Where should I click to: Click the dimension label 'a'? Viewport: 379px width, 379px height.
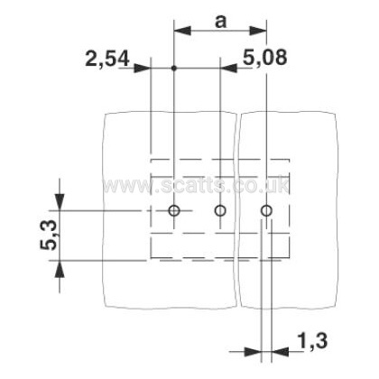tap(220, 22)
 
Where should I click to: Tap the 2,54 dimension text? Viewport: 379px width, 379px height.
tap(107, 59)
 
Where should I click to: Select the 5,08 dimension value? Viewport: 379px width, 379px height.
tap(265, 57)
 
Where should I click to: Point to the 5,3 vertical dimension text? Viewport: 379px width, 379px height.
tap(48, 236)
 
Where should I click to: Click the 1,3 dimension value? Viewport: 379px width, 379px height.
tap(312, 341)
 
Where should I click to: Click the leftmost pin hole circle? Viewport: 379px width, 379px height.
tap(174, 210)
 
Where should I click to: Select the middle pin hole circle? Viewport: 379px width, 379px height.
tap(220, 210)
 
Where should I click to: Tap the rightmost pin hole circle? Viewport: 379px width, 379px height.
tap(266, 211)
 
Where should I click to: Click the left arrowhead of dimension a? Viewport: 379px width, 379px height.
tap(182, 31)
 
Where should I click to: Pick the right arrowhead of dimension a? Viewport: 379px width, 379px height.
tap(258, 31)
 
